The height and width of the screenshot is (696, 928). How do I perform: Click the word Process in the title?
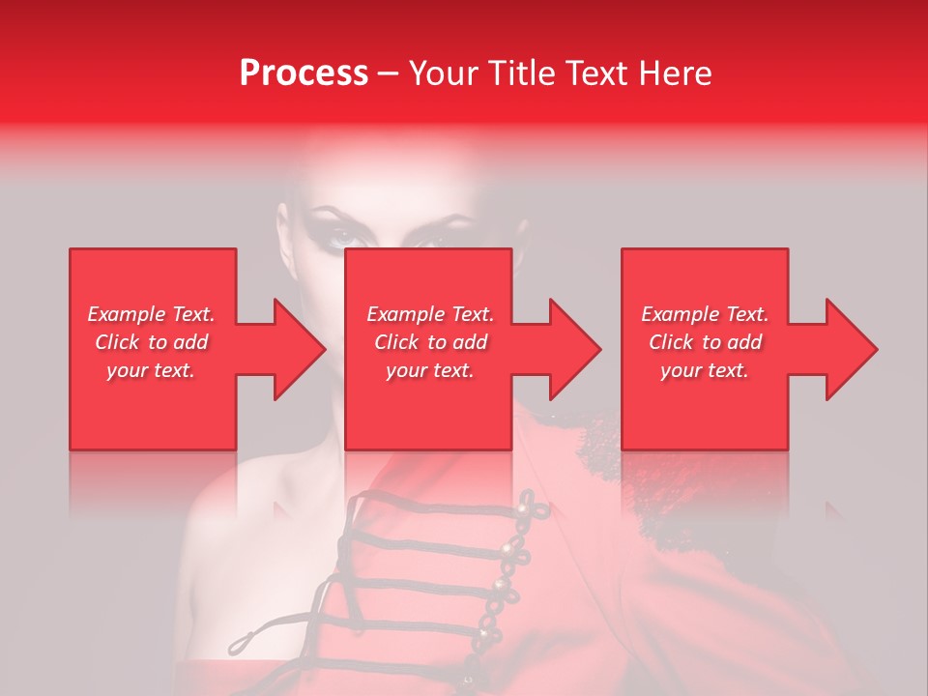pyautogui.click(x=304, y=73)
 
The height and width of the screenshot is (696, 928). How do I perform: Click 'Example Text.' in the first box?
pyautogui.click(x=152, y=314)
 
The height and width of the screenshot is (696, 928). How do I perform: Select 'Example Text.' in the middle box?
pyautogui.click(x=429, y=314)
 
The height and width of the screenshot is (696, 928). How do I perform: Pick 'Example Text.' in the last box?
pyautogui.click(x=705, y=314)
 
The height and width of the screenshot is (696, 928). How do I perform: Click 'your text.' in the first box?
pyautogui.click(x=152, y=370)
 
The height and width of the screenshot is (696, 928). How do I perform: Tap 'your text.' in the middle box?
pyautogui.click(x=429, y=370)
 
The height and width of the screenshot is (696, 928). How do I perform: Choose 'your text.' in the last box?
pyautogui.click(x=705, y=370)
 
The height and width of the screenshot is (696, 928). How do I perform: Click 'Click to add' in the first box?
pyautogui.click(x=152, y=342)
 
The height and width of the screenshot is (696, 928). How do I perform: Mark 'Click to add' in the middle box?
pyautogui.click(x=429, y=342)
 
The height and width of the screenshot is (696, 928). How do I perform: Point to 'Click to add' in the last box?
pyautogui.click(x=705, y=342)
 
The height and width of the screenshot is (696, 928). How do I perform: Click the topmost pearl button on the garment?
pyautogui.click(x=528, y=501)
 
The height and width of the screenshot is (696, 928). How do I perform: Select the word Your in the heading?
pyautogui.click(x=442, y=73)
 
